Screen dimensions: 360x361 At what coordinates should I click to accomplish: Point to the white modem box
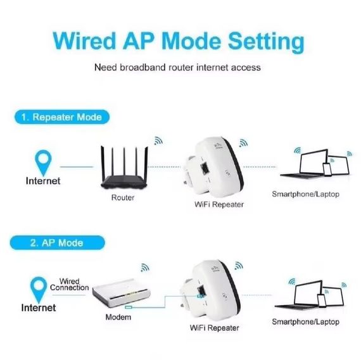coord(121,293)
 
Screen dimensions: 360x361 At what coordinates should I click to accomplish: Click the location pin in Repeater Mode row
coord(42,161)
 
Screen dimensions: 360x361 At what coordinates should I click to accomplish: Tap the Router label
coord(122,197)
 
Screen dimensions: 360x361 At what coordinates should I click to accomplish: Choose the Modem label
coord(118,317)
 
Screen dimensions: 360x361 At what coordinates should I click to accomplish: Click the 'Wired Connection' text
coord(69,284)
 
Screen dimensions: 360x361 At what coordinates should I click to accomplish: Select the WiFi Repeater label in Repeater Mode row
coord(218,204)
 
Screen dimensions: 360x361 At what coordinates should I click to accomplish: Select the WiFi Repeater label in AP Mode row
coord(214,328)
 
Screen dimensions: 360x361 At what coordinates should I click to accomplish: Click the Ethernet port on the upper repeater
coord(207,168)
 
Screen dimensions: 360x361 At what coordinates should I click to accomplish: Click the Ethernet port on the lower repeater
coord(201,292)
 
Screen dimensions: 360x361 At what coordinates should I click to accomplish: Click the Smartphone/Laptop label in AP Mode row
coord(305,322)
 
